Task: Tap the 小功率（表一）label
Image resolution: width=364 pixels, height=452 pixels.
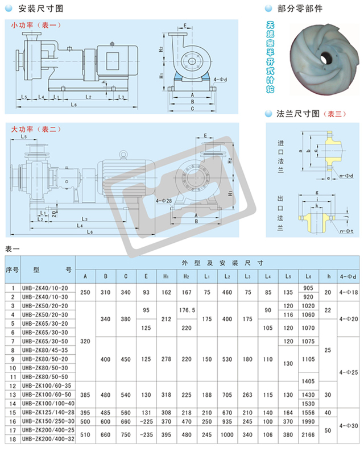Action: (x=35, y=24)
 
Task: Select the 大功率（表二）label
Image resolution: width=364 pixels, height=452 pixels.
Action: (x=35, y=130)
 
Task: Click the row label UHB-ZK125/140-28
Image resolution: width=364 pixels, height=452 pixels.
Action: (x=45, y=411)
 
